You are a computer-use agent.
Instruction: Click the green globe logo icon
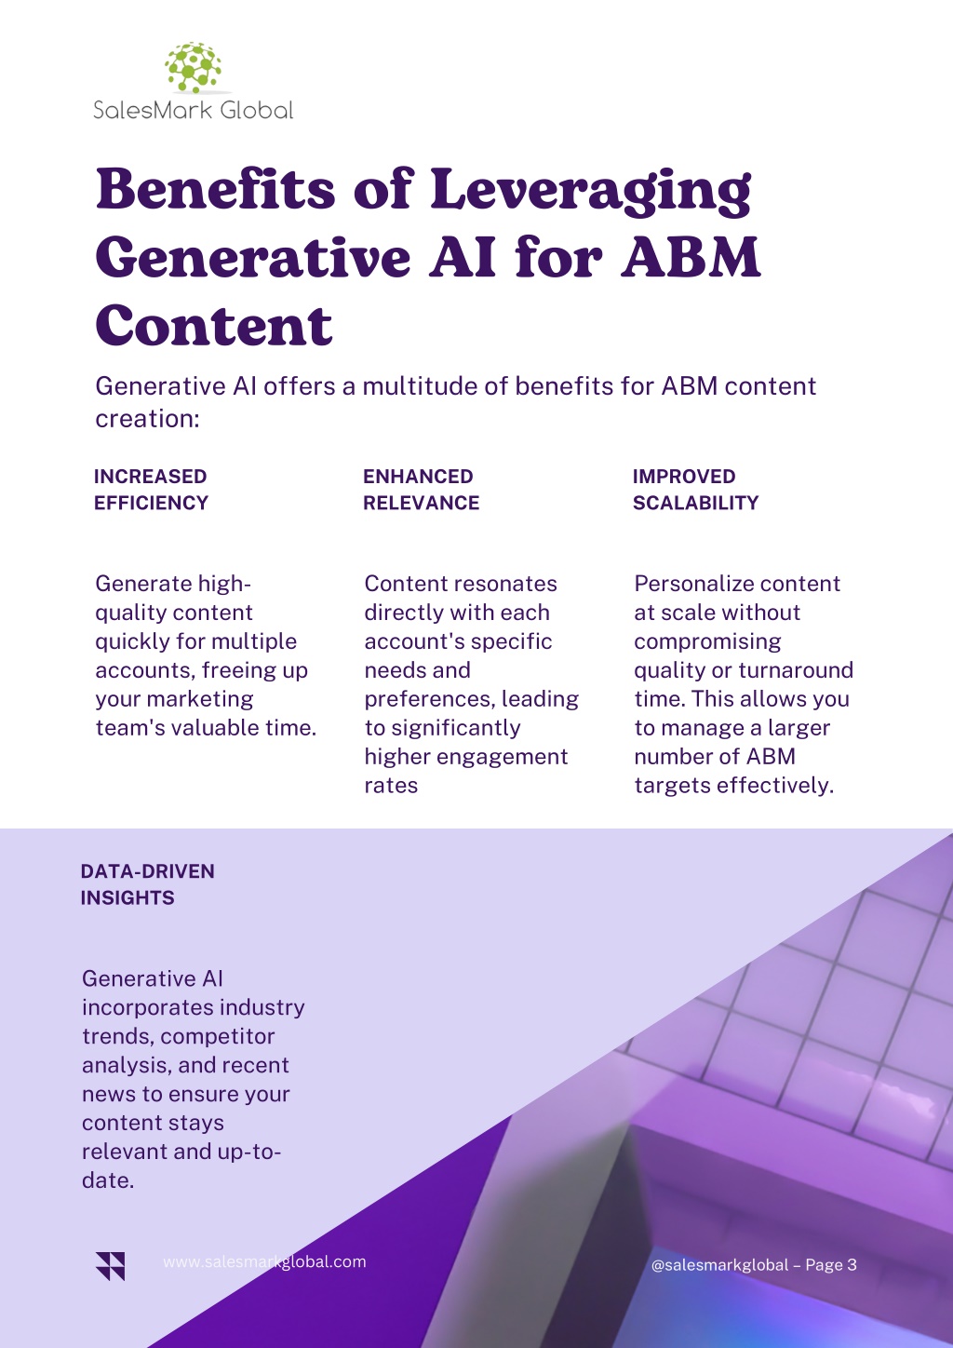(x=194, y=67)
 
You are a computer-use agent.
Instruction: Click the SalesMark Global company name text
(x=194, y=111)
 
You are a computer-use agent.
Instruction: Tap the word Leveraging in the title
(x=591, y=192)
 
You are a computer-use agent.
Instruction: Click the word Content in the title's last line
(x=213, y=325)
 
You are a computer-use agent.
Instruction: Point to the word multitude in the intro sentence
(x=420, y=385)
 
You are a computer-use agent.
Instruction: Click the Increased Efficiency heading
(x=151, y=490)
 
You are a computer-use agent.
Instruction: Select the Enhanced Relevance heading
(x=422, y=490)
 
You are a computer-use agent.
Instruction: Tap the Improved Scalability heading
(x=695, y=490)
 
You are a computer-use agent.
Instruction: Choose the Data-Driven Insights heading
(x=147, y=884)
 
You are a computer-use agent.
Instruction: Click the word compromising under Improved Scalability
(x=707, y=641)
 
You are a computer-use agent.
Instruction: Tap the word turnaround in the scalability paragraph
(x=796, y=669)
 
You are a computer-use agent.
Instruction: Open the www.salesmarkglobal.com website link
(x=264, y=1261)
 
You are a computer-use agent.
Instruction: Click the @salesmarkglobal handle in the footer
(x=719, y=1265)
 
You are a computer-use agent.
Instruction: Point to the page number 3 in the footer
(x=852, y=1264)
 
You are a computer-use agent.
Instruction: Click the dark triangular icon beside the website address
(x=110, y=1266)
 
